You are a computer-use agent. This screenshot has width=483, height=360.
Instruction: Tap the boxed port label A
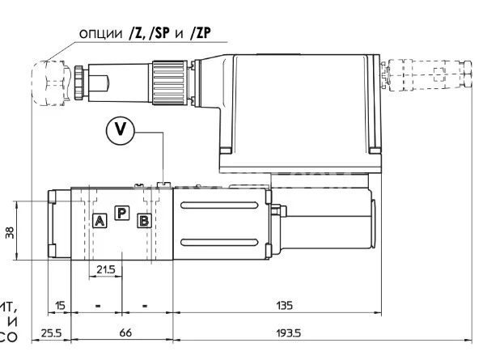(x=100, y=220)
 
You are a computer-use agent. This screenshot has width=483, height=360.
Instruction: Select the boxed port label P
(x=122, y=213)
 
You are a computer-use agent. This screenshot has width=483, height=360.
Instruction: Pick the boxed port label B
(x=144, y=220)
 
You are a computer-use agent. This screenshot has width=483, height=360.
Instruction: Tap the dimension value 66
(x=125, y=332)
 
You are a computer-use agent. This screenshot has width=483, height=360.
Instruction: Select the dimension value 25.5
(x=50, y=332)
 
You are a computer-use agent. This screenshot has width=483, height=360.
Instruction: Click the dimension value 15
(x=60, y=305)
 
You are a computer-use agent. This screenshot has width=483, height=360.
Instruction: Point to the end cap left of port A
(x=61, y=225)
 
